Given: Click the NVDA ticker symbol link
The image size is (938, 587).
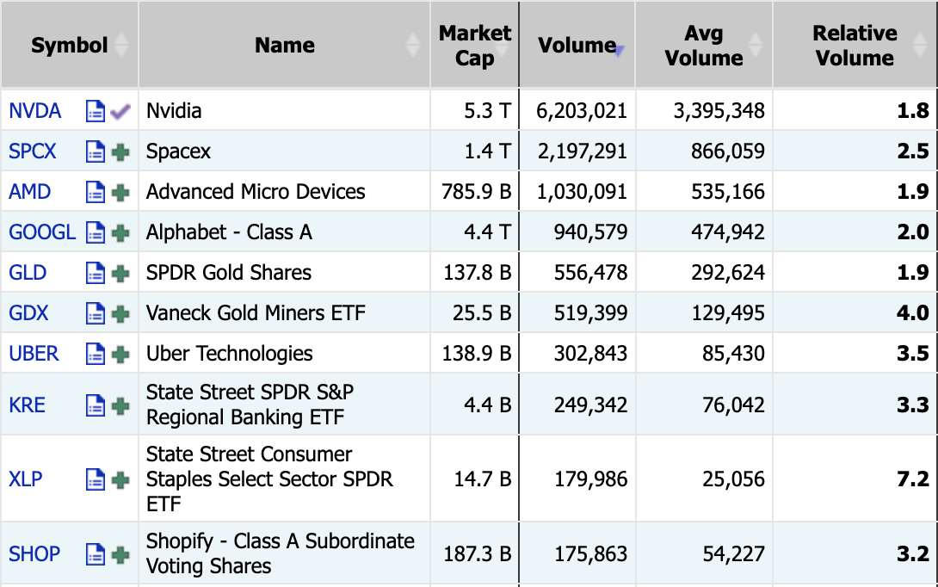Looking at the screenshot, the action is pos(34,111).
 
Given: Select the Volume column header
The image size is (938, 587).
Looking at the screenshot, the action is pos(577,45).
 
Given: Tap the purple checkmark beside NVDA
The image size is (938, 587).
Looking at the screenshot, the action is pos(120,111).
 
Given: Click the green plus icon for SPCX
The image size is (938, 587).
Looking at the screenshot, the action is pos(120,152).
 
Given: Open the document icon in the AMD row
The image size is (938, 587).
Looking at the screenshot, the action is pos(96,192).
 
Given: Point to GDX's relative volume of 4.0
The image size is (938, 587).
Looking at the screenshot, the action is pos(913,313).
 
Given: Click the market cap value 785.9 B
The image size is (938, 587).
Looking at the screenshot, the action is pos(476,191).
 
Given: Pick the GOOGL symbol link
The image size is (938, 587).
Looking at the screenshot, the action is pos(42,232).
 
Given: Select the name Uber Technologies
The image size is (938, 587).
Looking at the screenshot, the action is pos(229,354).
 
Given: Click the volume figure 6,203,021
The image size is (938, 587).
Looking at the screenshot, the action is pos(582,111).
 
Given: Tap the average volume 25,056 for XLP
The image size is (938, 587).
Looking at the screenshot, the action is pos(733,479).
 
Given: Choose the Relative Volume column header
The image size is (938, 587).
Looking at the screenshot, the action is pos(855,45).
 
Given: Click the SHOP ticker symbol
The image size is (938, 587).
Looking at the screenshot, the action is pos(34,554).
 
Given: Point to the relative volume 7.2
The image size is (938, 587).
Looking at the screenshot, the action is pos(913,479).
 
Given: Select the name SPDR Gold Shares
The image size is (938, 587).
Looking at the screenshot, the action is pos(229,273).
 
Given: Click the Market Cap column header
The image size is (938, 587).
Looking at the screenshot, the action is pos(475,45).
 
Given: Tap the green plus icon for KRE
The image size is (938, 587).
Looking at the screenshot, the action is pos(120,405).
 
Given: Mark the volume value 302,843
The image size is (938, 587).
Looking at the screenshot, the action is pos(590,354).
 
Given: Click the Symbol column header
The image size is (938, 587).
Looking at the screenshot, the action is pos(70,45).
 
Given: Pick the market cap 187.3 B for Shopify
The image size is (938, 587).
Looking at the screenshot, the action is pos(477,554).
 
